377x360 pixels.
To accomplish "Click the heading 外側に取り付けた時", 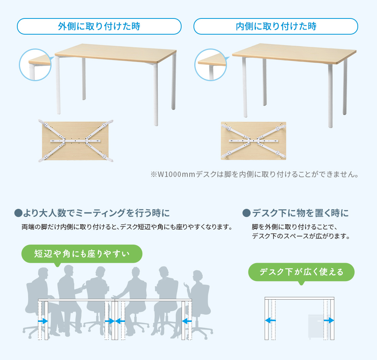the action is (99, 26).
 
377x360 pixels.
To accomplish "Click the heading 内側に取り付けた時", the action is (276, 26).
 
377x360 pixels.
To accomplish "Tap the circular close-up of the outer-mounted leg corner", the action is (35, 65).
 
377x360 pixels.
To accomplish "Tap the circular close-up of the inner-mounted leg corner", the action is (211, 65).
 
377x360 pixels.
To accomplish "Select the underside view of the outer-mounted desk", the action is (76, 141).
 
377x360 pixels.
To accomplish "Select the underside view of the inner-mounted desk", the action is (254, 141).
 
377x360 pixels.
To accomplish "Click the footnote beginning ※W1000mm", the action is (254, 174).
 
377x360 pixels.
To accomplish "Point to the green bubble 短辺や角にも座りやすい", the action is (82, 254).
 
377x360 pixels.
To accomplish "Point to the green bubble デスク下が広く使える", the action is (301, 272).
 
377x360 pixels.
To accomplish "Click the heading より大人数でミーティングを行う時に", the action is (92, 213).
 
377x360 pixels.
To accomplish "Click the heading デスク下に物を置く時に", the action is (296, 213).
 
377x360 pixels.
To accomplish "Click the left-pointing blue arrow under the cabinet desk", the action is (270, 320).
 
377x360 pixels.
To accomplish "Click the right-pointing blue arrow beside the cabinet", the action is (329, 320).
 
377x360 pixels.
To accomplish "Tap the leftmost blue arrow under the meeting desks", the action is (43, 321).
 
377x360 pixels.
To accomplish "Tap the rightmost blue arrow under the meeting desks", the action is (187, 321).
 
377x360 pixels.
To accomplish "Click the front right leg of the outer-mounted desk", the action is (156, 94).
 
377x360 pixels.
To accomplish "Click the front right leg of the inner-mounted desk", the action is (330, 96).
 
